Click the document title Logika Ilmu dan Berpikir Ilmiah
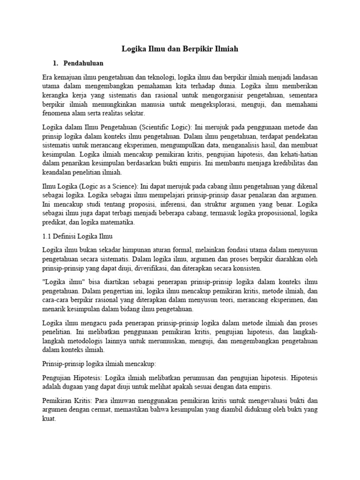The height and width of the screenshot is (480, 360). click(x=180, y=49)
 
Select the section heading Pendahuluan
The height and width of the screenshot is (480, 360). click(x=83, y=63)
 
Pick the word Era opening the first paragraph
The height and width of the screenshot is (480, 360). click(x=48, y=76)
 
